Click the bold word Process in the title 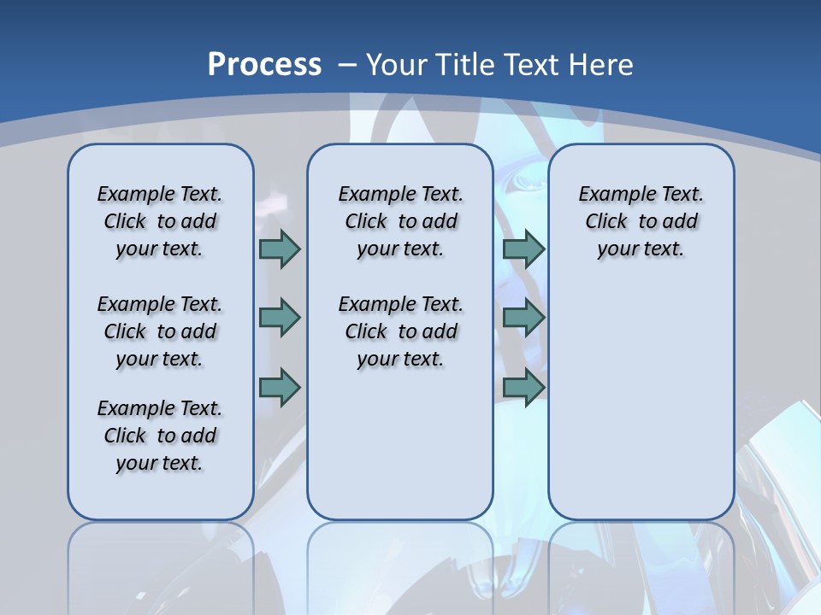(264, 65)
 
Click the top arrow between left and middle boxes (280, 249)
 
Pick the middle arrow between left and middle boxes (280, 318)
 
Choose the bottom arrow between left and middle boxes (280, 387)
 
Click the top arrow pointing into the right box (523, 249)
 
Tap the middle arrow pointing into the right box (523, 318)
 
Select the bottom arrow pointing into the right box (523, 387)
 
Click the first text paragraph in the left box (160, 221)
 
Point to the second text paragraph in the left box (160, 331)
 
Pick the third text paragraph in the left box (160, 436)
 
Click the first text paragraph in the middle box (400, 221)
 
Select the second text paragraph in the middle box (400, 331)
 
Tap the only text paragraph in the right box (641, 221)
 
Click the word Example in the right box (611, 195)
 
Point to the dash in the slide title (346, 65)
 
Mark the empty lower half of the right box (641, 410)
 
